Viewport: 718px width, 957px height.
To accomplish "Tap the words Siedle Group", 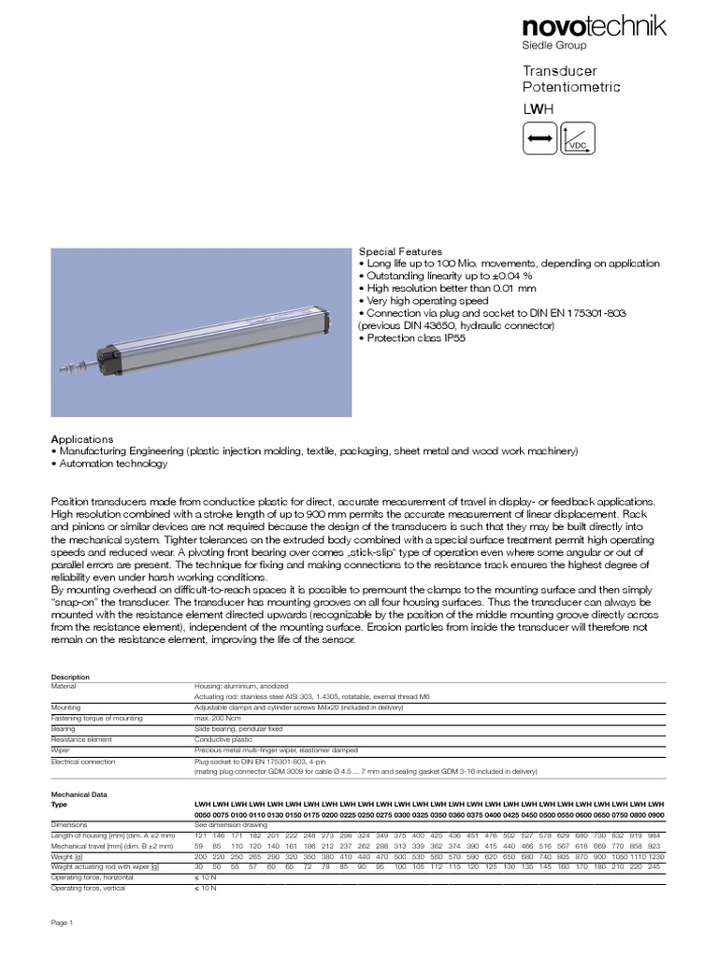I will point(553,46).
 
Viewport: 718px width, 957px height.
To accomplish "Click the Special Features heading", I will point(401,251).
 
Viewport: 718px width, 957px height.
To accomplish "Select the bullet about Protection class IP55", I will point(412,337).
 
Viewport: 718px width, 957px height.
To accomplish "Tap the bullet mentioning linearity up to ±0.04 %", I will point(446,276).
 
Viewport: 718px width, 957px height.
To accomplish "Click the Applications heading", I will point(82,438).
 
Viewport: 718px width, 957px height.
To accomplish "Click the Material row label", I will point(65,686).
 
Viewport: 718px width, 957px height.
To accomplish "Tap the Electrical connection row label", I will point(83,762).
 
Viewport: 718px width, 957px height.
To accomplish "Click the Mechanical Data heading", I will point(79,793).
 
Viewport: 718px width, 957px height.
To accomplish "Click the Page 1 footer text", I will point(62,922).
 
